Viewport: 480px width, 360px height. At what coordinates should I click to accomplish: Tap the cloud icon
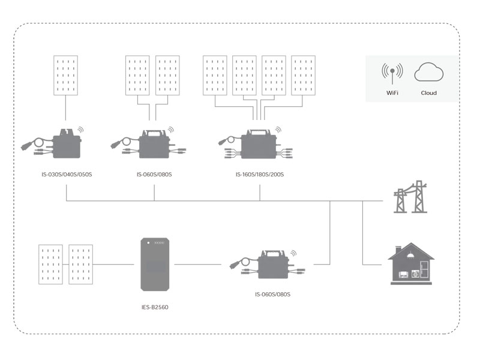[x=428, y=73]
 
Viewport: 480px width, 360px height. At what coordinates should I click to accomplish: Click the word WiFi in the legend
[x=392, y=93]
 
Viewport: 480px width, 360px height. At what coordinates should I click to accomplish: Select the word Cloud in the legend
[x=428, y=93]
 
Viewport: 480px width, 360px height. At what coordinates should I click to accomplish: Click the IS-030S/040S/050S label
[x=66, y=175]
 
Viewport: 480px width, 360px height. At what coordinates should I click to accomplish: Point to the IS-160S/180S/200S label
[x=260, y=175]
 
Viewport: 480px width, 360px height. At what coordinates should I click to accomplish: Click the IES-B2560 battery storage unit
[x=154, y=264]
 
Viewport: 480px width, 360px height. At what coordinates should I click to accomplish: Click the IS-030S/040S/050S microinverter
[x=67, y=144]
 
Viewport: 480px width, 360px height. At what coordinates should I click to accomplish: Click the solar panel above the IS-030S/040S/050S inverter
[x=66, y=75]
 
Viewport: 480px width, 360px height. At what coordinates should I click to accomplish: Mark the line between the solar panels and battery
[x=113, y=264]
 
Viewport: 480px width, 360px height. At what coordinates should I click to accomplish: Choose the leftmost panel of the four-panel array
[x=215, y=75]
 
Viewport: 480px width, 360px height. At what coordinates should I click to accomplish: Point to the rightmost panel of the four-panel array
[x=303, y=75]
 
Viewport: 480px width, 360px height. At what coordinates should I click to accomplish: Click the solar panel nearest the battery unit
[x=81, y=264]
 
